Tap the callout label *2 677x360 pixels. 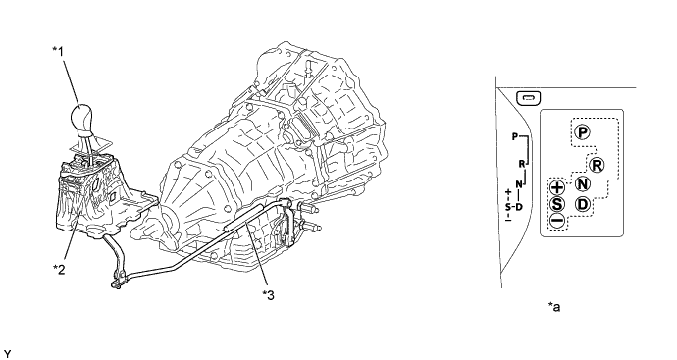point(59,267)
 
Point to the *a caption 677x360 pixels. point(554,307)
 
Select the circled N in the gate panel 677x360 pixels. point(583,185)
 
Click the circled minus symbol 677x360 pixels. point(556,222)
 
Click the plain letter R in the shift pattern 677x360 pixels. point(523,165)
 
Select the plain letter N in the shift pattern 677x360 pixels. point(515,183)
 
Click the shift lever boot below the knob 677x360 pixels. point(89,147)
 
